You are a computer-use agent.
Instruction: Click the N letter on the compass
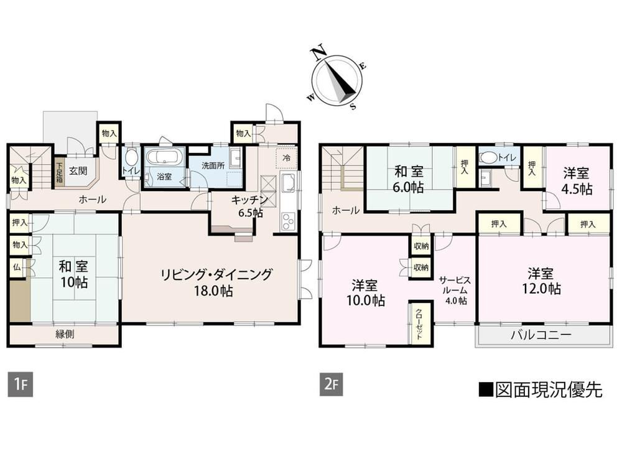click(x=318, y=53)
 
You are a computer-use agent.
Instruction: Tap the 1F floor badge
click(x=21, y=384)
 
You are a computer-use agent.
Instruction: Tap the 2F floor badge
click(x=332, y=384)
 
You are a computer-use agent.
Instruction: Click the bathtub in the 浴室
click(x=164, y=157)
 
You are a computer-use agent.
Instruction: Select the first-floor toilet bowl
click(x=131, y=157)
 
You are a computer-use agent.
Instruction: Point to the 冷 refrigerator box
click(x=286, y=158)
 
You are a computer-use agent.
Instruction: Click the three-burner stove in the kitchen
click(x=289, y=221)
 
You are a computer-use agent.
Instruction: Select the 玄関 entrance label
click(x=78, y=171)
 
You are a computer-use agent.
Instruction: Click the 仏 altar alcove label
click(x=17, y=267)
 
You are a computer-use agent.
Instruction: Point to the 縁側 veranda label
click(x=64, y=334)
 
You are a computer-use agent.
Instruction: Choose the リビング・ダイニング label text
click(x=216, y=274)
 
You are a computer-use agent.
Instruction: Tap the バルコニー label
click(x=541, y=335)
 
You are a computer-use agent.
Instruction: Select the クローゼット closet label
click(x=419, y=324)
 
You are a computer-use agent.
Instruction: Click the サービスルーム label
click(x=455, y=286)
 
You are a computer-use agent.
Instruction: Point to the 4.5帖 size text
click(x=577, y=189)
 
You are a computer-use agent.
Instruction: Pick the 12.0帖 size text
click(x=541, y=289)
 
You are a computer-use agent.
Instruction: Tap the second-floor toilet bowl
click(x=488, y=158)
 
